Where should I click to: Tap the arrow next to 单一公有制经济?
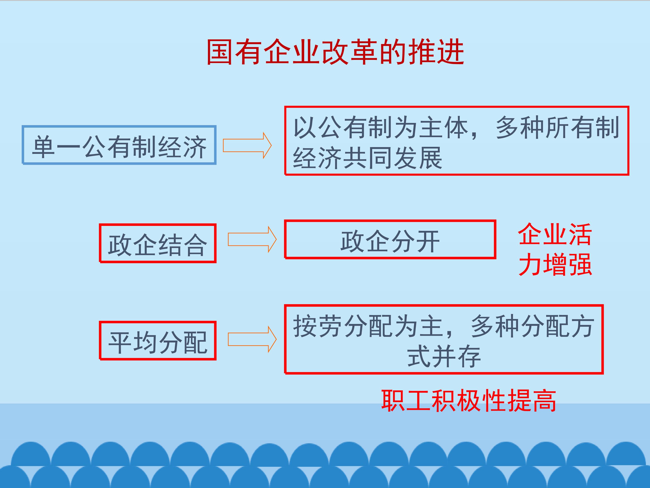tap(247, 145)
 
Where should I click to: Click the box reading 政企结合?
tap(158, 243)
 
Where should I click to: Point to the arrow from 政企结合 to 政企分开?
tap(252, 239)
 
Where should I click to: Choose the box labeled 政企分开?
tap(390, 239)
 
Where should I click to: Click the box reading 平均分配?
tap(158, 340)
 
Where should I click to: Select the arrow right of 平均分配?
tap(252, 339)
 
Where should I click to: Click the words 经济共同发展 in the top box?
tap(367, 158)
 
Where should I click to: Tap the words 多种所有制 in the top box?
tap(558, 127)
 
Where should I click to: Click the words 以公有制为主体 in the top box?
tap(381, 127)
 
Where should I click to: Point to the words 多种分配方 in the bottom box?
tap(532, 326)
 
